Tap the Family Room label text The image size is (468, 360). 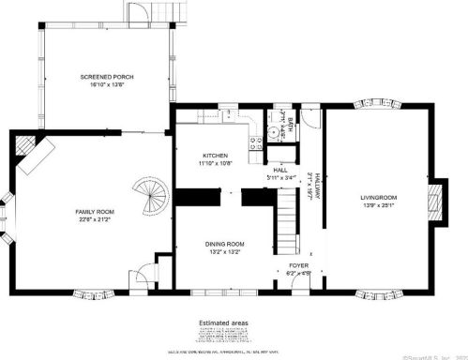[x=95, y=213]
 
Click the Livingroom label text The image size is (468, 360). [x=379, y=198]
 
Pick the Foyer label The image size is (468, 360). [x=299, y=266]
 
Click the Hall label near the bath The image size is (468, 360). [x=279, y=170]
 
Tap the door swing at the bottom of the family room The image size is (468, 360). [x=143, y=276]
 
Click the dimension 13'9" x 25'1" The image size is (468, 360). [x=379, y=205]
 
